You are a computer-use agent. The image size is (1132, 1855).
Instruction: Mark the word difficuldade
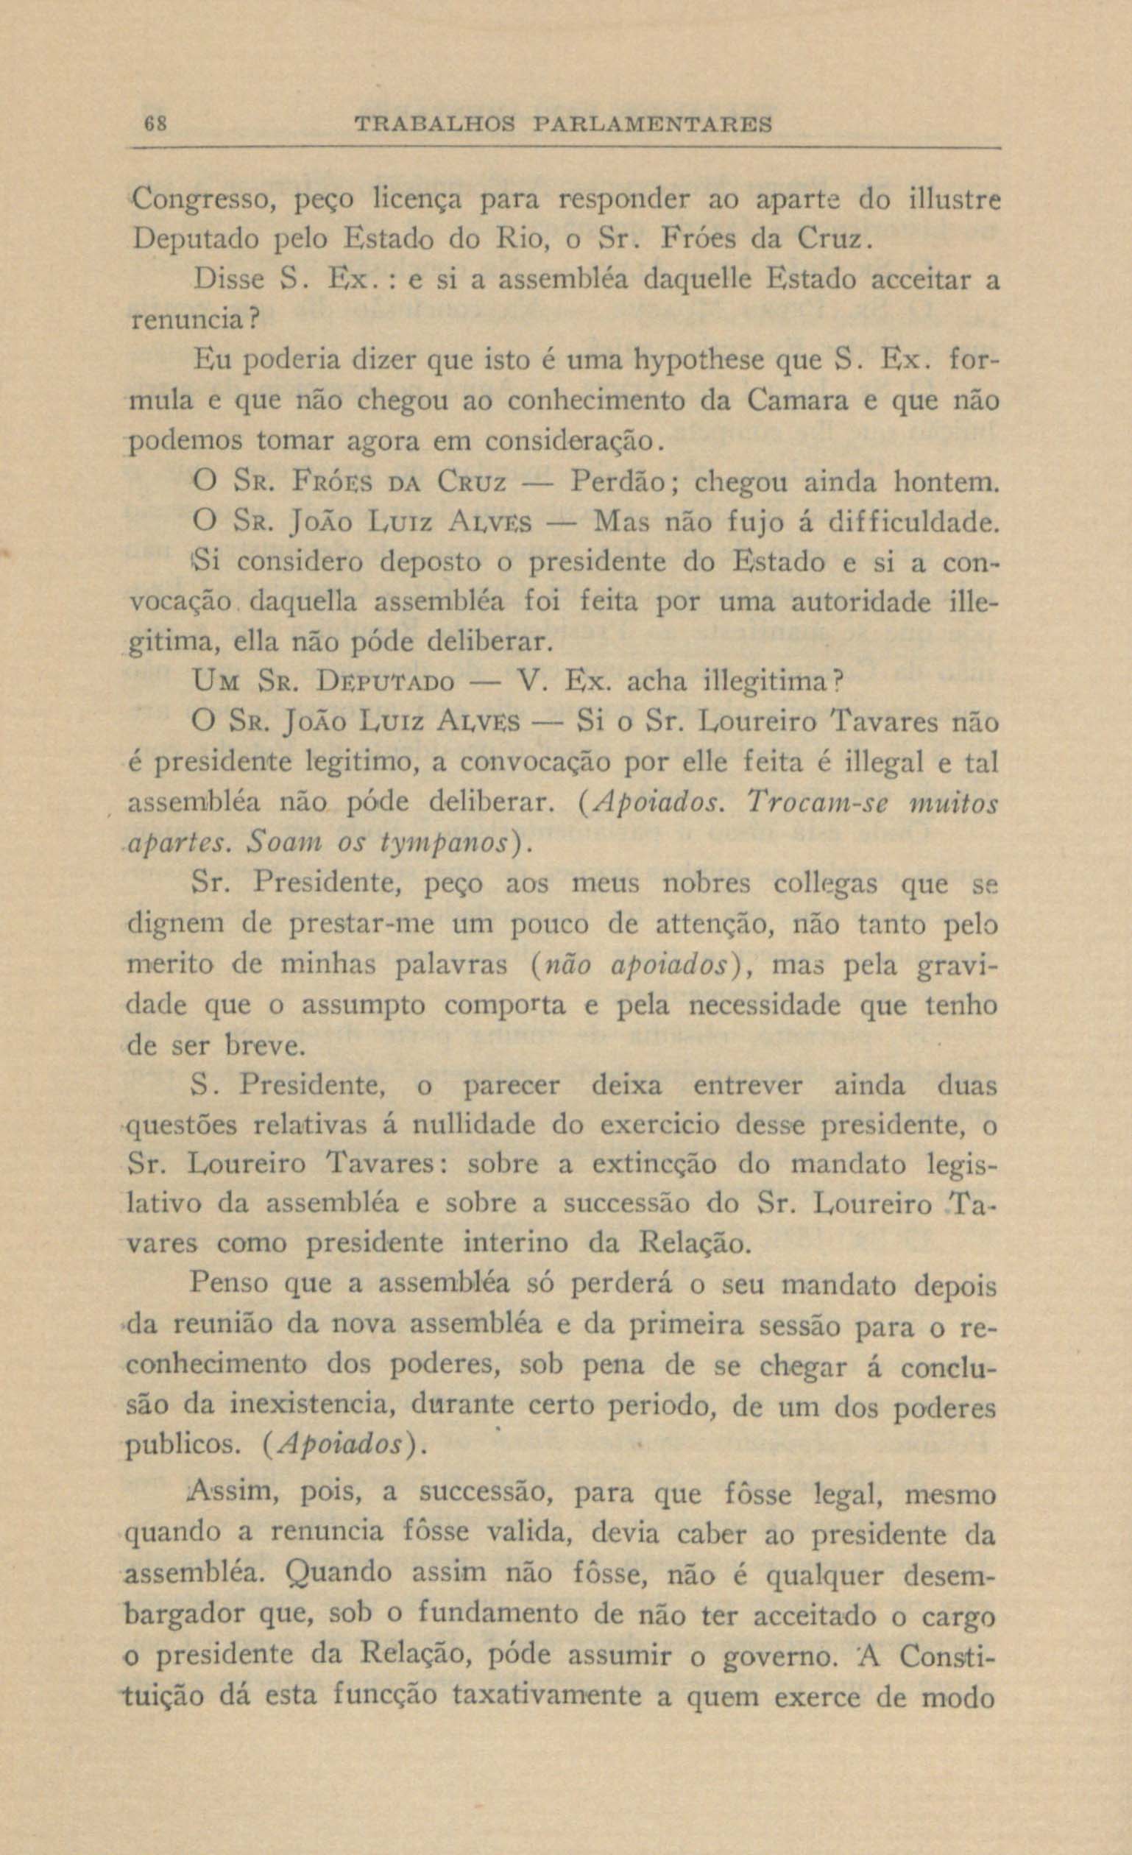913,521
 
